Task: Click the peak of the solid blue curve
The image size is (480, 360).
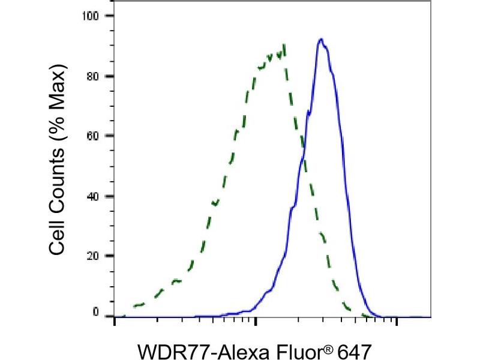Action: tap(322, 40)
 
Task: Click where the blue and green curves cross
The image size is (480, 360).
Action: tap(303, 150)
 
